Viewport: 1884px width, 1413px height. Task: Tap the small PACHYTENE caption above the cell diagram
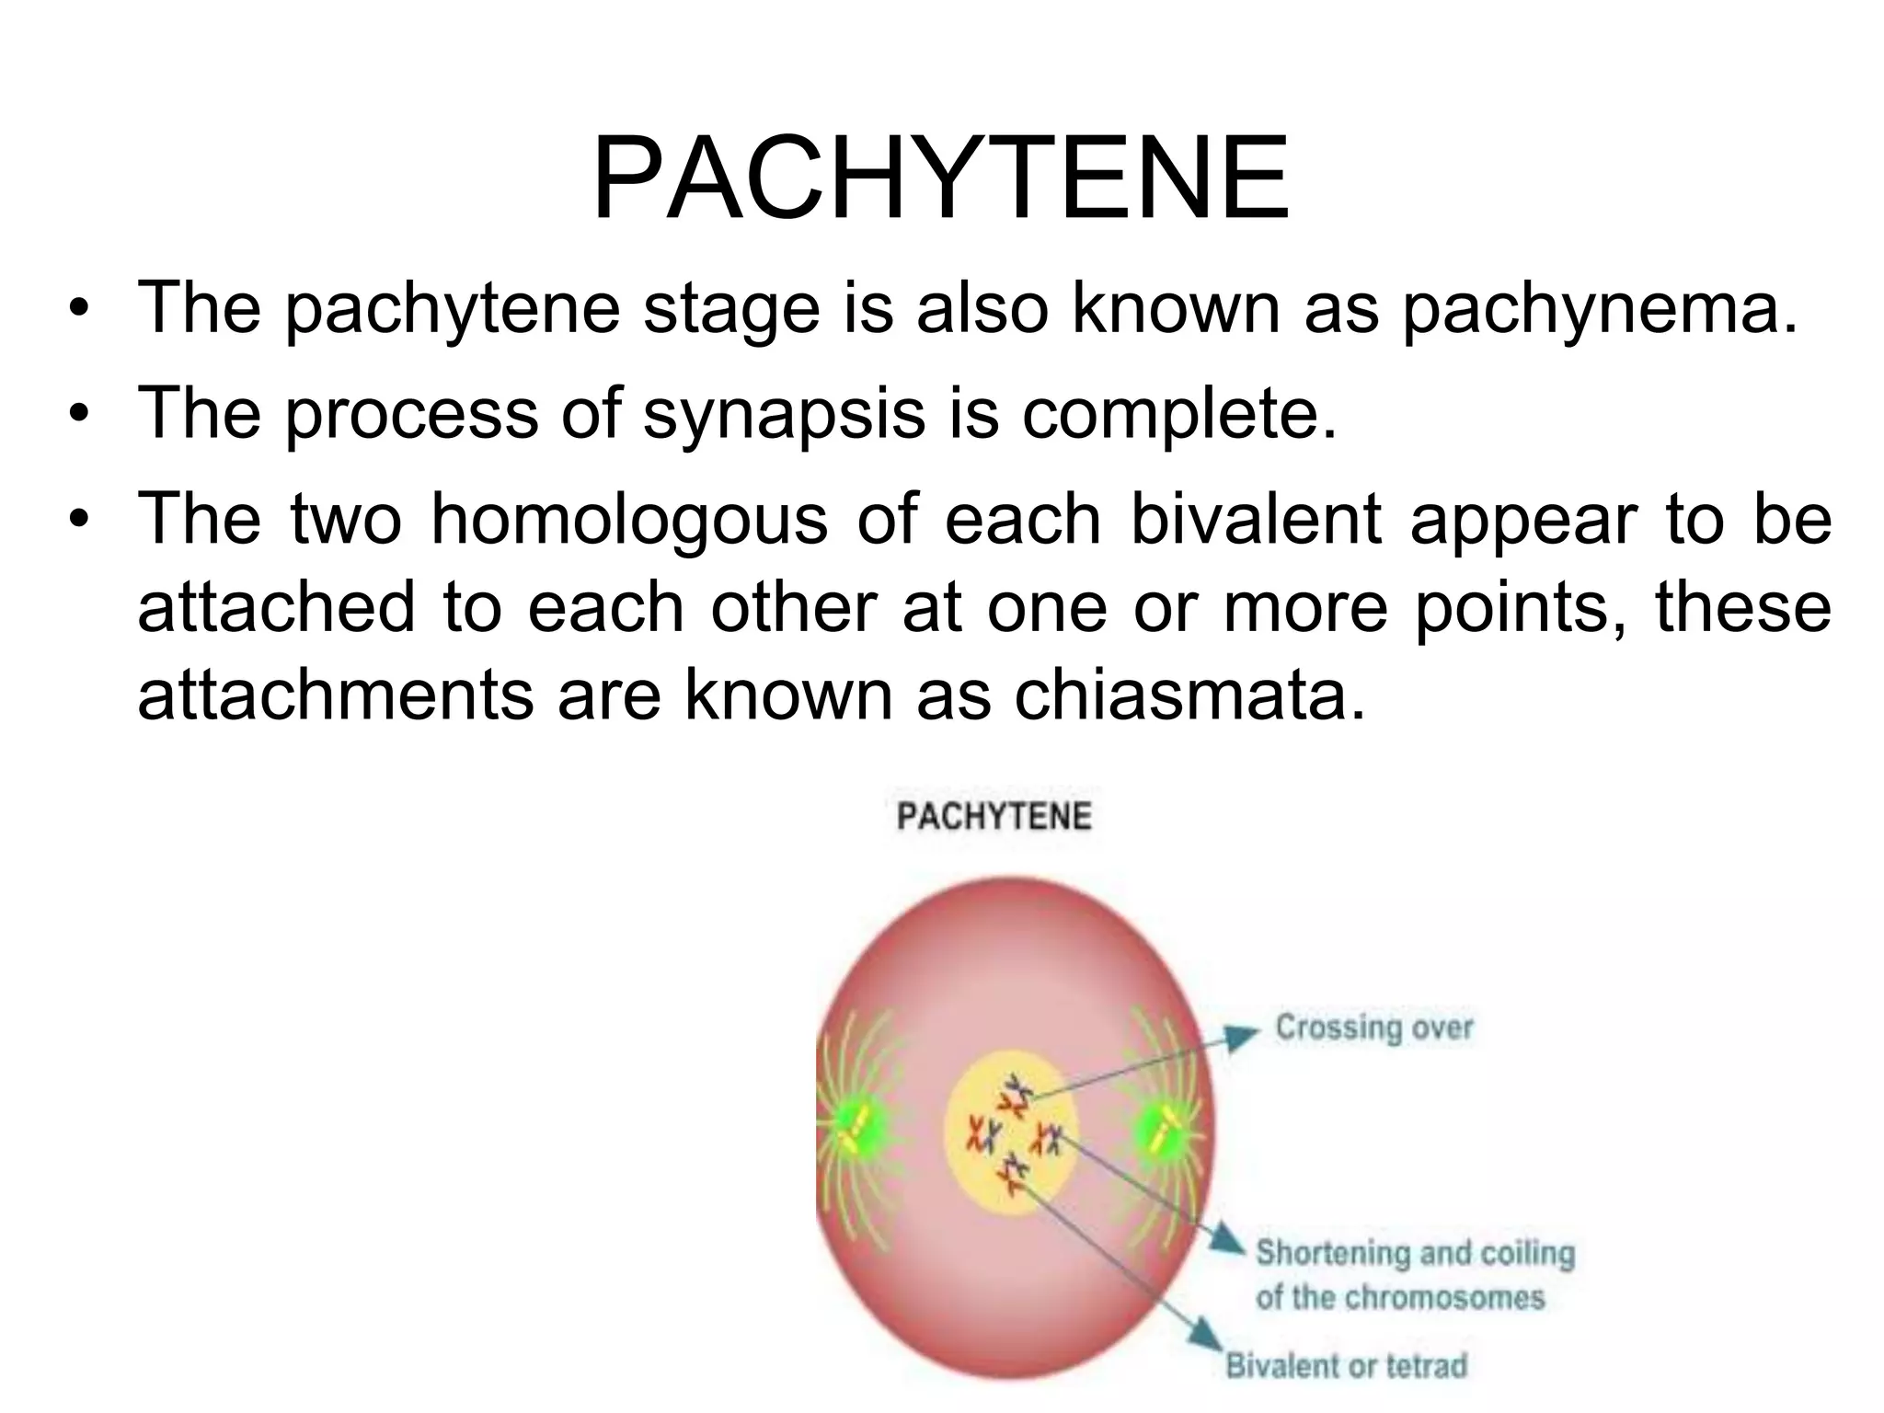coord(994,816)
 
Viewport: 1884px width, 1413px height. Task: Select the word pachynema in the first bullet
coord(1599,310)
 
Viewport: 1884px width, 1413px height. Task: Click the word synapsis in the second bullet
coord(784,414)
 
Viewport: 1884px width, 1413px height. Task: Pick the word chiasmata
coord(1189,695)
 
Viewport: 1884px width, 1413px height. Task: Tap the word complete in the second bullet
coord(1178,414)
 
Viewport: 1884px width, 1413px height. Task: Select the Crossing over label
coord(1373,1027)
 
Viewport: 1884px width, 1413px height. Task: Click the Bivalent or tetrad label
coord(1346,1365)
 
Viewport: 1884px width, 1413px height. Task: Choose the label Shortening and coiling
coord(1415,1253)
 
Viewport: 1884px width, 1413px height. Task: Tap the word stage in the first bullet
coord(731,310)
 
